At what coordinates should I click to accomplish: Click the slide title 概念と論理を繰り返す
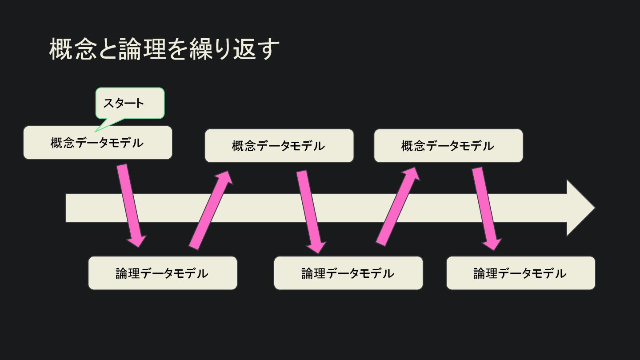tap(164, 49)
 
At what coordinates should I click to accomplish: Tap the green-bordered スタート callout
tap(130, 103)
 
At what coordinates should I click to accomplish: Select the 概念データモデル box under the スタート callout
tap(97, 143)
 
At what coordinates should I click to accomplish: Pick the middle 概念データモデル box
tap(279, 146)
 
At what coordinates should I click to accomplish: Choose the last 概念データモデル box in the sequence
tap(448, 146)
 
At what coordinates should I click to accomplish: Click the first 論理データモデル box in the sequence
tap(162, 273)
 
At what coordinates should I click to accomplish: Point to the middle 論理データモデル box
tap(348, 273)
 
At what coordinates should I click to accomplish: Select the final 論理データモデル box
tap(520, 273)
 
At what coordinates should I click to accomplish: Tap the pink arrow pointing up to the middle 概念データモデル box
tap(211, 209)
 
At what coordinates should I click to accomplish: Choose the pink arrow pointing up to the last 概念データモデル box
tap(398, 206)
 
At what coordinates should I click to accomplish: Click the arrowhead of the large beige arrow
tap(580, 208)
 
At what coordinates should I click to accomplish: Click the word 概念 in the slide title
tap(72, 49)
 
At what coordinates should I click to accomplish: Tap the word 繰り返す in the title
tap(235, 49)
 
